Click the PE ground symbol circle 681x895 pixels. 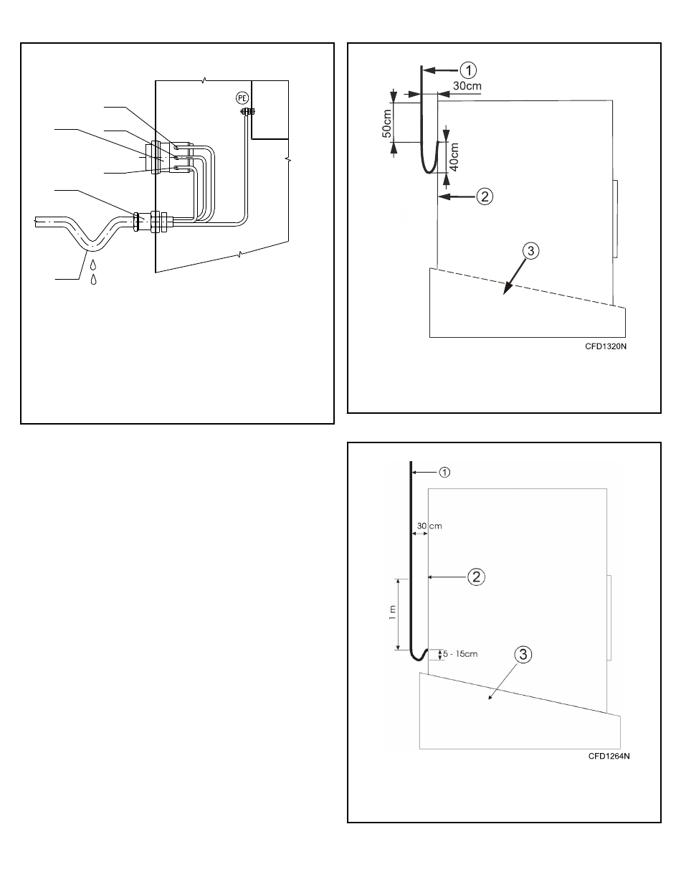242,98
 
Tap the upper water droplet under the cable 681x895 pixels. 93,265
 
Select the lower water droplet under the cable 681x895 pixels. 93,279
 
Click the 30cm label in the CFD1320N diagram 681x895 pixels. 467,86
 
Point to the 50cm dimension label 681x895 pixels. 387,123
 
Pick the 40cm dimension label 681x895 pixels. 454,156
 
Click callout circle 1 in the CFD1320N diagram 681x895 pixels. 468,70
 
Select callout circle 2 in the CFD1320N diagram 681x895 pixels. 485,196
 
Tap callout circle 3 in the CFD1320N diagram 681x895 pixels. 530,251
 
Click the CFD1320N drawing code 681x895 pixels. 606,346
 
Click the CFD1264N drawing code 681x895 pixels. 609,756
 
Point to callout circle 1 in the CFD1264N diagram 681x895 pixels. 444,472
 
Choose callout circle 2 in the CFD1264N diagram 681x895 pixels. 476,577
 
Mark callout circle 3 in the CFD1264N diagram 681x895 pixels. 523,655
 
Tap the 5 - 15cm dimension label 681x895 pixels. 460,654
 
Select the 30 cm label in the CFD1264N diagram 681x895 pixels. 429,526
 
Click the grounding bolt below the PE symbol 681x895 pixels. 248,111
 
